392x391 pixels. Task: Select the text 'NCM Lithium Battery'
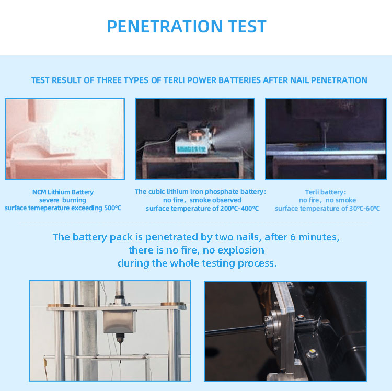pyautogui.click(x=63, y=192)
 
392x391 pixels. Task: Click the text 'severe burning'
pyautogui.click(x=63, y=200)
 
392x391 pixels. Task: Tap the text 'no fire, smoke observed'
pyautogui.click(x=202, y=200)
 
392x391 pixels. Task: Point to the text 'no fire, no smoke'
pyautogui.click(x=328, y=200)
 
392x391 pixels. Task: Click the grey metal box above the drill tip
pyautogui.click(x=120, y=320)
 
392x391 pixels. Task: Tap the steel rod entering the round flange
pyautogui.click(x=235, y=331)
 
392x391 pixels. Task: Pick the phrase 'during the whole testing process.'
pyautogui.click(x=197, y=263)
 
